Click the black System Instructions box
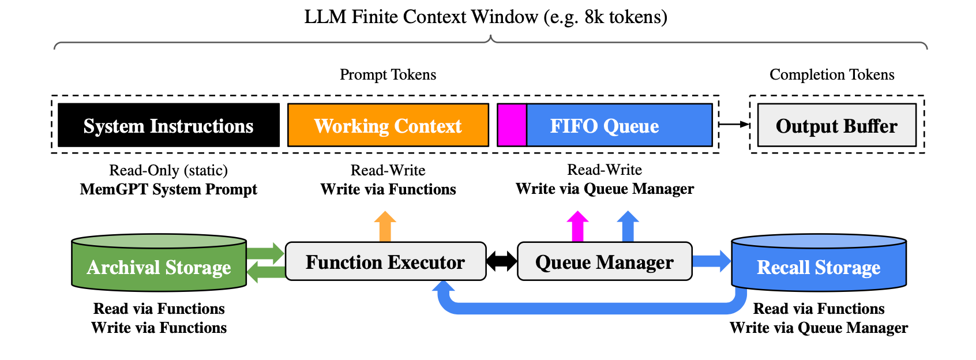click(x=168, y=125)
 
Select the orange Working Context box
click(x=388, y=125)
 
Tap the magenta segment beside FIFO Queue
click(x=512, y=125)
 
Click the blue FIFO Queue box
click(x=619, y=125)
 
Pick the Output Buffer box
click(x=836, y=125)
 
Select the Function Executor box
click(x=385, y=262)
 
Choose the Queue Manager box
click(x=604, y=262)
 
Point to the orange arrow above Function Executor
click(x=385, y=226)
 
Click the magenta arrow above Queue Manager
click(x=577, y=226)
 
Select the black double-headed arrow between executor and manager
click(x=502, y=261)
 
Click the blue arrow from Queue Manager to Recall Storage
click(x=711, y=261)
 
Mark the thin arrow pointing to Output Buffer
click(x=734, y=124)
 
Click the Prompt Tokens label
click(x=388, y=74)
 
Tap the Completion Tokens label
click(x=832, y=74)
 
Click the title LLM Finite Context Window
click(x=486, y=17)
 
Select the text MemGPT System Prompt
click(x=168, y=189)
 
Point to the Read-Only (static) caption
click(x=168, y=170)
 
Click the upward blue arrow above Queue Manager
click(x=628, y=226)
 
